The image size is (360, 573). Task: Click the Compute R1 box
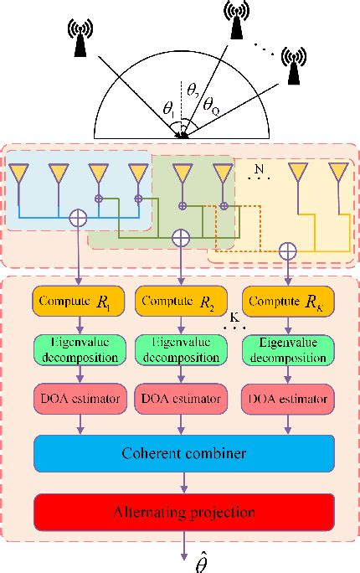[78, 299]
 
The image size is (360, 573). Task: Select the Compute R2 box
[181, 299]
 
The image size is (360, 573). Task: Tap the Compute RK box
[285, 299]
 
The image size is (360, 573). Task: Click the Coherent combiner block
[182, 454]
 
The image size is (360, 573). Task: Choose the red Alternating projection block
[182, 510]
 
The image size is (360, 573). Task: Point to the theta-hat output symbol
[183, 559]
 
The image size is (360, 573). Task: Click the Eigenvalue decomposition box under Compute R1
[78, 349]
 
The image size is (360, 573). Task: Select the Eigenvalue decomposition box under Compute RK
[285, 349]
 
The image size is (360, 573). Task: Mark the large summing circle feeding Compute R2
[181, 238]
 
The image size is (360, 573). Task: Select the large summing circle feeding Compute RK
[287, 248]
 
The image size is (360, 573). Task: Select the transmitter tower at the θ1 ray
[80, 38]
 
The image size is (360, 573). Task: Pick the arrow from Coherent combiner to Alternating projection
[183, 483]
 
